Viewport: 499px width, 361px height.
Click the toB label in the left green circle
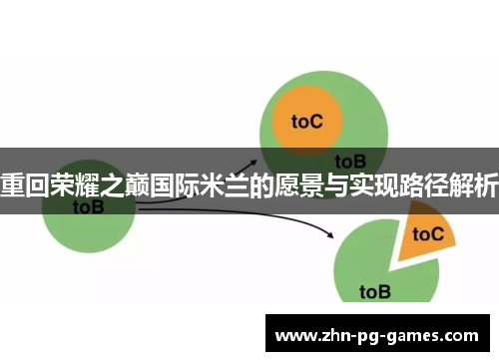[x=88, y=207]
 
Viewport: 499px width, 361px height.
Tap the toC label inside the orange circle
[x=307, y=121]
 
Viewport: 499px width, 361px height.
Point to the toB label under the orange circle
[x=349, y=160]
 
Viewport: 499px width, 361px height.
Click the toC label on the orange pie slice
[x=427, y=234]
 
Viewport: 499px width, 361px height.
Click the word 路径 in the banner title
[x=420, y=185]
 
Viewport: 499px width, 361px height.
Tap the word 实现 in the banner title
[x=369, y=185]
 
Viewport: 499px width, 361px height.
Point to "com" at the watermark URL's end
[x=464, y=336]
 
